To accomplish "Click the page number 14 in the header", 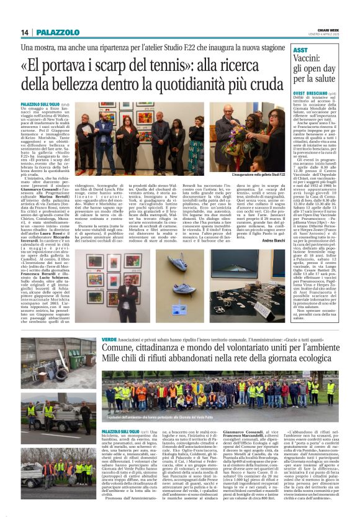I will pos(25,32).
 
